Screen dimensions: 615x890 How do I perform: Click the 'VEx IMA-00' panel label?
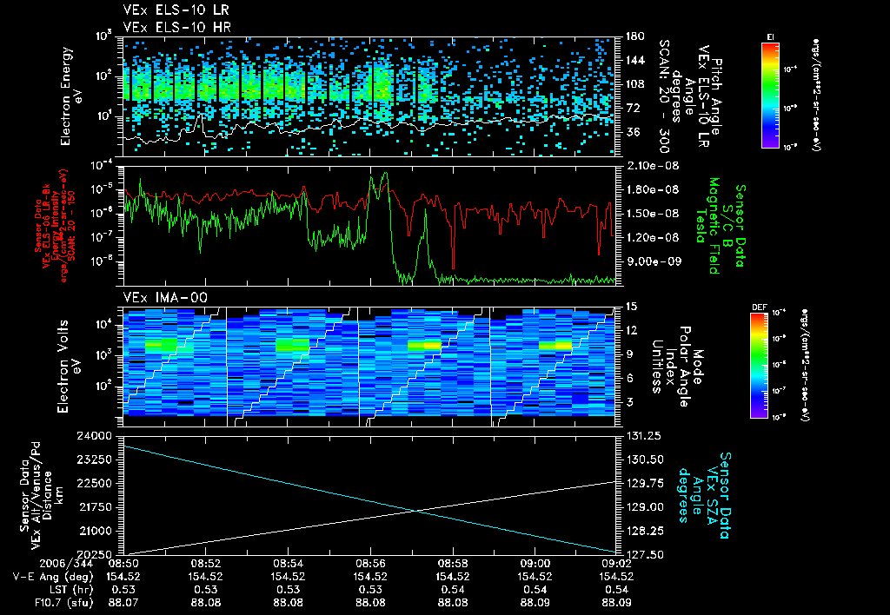point(158,297)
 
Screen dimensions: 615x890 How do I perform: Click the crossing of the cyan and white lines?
point(419,509)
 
